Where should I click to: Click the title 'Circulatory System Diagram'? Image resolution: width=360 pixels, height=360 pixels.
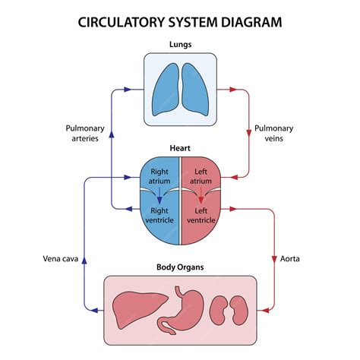(x=180, y=21)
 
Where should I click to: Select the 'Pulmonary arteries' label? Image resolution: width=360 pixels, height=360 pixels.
(x=81, y=134)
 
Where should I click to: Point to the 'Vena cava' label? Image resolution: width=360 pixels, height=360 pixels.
(x=57, y=259)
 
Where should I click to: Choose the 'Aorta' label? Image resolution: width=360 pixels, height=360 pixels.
(x=290, y=259)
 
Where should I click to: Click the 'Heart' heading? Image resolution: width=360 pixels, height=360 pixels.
(x=180, y=150)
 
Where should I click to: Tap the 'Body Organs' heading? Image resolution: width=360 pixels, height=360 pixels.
(x=180, y=268)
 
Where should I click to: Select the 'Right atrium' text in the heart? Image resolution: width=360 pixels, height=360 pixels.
(x=159, y=176)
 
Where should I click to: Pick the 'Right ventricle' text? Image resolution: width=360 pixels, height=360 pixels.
(x=159, y=215)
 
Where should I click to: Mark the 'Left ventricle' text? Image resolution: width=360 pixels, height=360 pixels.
(x=201, y=215)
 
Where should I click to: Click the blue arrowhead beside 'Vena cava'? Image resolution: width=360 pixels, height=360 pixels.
(x=84, y=258)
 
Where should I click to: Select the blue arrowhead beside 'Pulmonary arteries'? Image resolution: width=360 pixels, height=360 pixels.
(x=112, y=134)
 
